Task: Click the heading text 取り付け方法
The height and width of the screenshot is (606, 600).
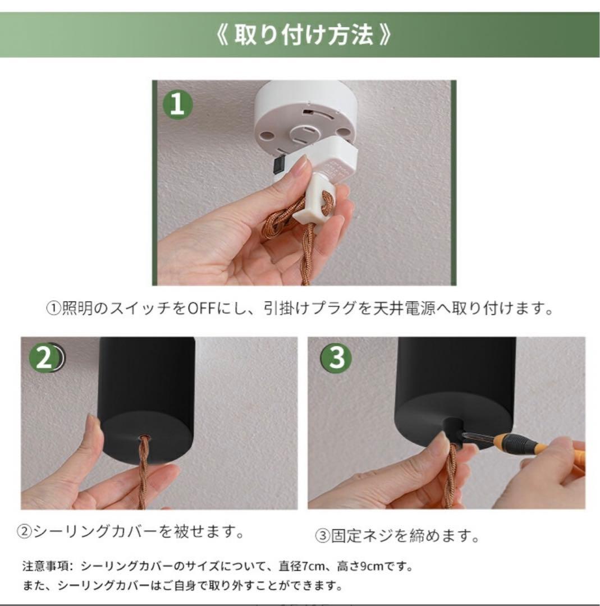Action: (303, 35)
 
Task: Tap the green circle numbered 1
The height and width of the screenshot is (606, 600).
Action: (177, 104)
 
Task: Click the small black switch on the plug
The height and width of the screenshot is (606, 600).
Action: (278, 165)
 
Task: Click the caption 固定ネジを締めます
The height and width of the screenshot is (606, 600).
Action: (397, 536)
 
